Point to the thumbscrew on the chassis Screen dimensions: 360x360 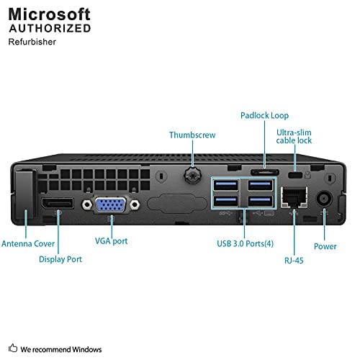coord(193,175)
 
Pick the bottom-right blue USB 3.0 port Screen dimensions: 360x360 coord(258,202)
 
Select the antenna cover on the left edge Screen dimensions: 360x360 coord(25,195)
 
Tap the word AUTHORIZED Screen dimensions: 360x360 coord(50,28)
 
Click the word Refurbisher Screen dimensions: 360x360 coord(33,42)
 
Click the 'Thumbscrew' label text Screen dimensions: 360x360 coord(192,135)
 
